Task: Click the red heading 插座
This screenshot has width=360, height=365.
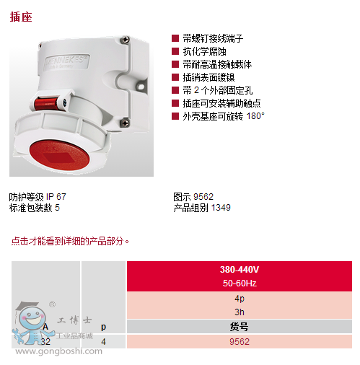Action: [21, 17]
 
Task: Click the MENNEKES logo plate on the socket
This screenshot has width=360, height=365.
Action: [66, 62]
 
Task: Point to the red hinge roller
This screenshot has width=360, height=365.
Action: [46, 103]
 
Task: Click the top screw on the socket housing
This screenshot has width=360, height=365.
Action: [125, 40]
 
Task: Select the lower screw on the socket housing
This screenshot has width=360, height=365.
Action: [125, 123]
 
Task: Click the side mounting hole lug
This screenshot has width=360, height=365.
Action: [141, 86]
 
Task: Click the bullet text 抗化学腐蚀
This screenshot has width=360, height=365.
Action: [204, 51]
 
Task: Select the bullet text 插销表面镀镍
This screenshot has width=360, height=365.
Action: [208, 77]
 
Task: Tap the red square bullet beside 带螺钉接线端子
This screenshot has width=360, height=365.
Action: [175, 38]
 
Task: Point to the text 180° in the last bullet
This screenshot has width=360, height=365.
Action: [255, 116]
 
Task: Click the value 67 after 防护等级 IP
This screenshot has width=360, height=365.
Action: [61, 197]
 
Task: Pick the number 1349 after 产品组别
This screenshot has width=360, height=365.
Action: [221, 208]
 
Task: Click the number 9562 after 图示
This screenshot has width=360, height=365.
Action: [203, 197]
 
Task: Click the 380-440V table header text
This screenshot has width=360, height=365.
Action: [240, 270]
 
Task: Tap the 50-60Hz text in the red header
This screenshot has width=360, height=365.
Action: [240, 283]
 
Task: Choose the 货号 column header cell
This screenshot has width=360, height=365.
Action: [240, 327]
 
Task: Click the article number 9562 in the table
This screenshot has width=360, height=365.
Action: [240, 341]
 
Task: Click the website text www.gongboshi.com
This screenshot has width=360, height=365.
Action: [58, 351]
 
